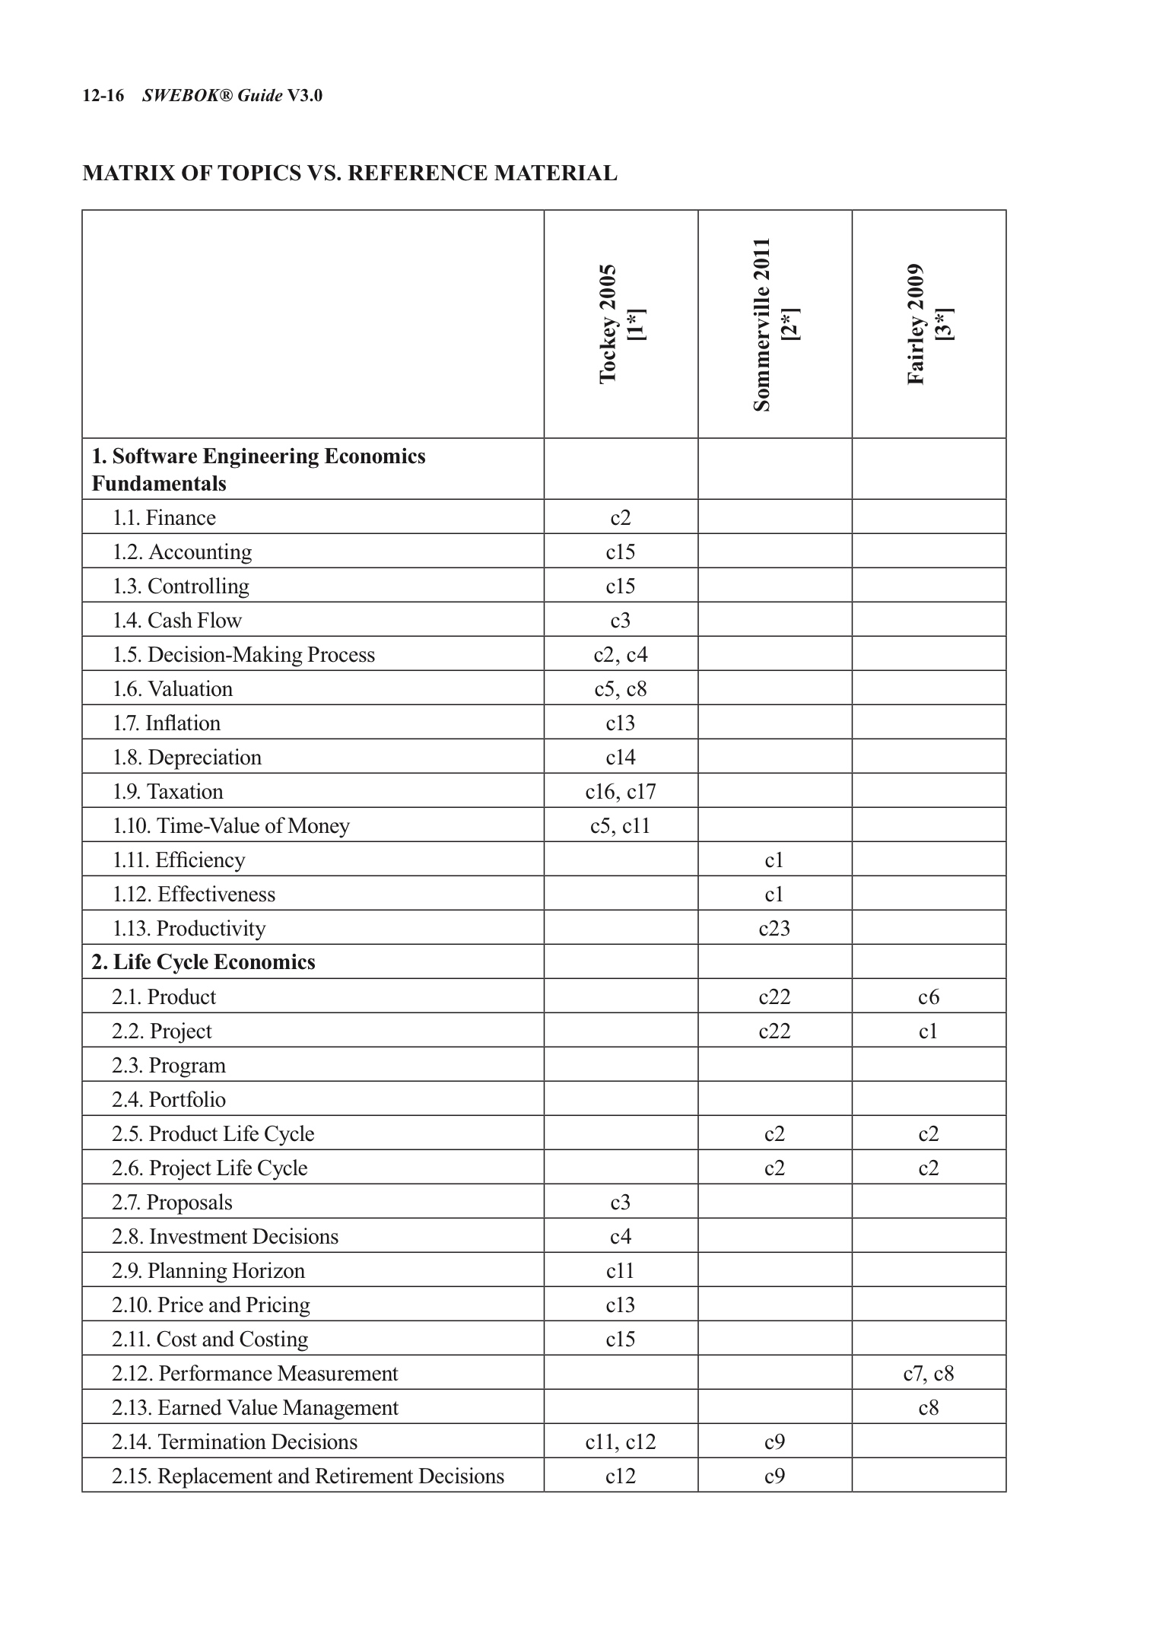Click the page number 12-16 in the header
click(103, 96)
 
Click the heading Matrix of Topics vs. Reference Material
click(350, 173)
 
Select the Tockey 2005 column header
click(621, 324)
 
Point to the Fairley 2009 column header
click(929, 324)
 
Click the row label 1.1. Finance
click(164, 518)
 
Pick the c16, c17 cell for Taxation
click(621, 792)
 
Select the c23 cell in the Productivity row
click(774, 929)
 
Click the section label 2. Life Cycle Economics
click(203, 962)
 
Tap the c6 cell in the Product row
click(929, 997)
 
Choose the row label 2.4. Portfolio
click(169, 1100)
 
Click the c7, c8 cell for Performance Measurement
click(929, 1374)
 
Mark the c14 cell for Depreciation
click(621, 758)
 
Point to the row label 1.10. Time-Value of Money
click(231, 826)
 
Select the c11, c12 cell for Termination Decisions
click(621, 1442)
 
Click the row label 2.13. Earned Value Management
click(255, 1408)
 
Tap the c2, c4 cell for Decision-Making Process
click(621, 655)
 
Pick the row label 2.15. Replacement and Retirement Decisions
click(308, 1476)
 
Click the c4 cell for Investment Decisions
click(621, 1237)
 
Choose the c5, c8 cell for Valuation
click(621, 689)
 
